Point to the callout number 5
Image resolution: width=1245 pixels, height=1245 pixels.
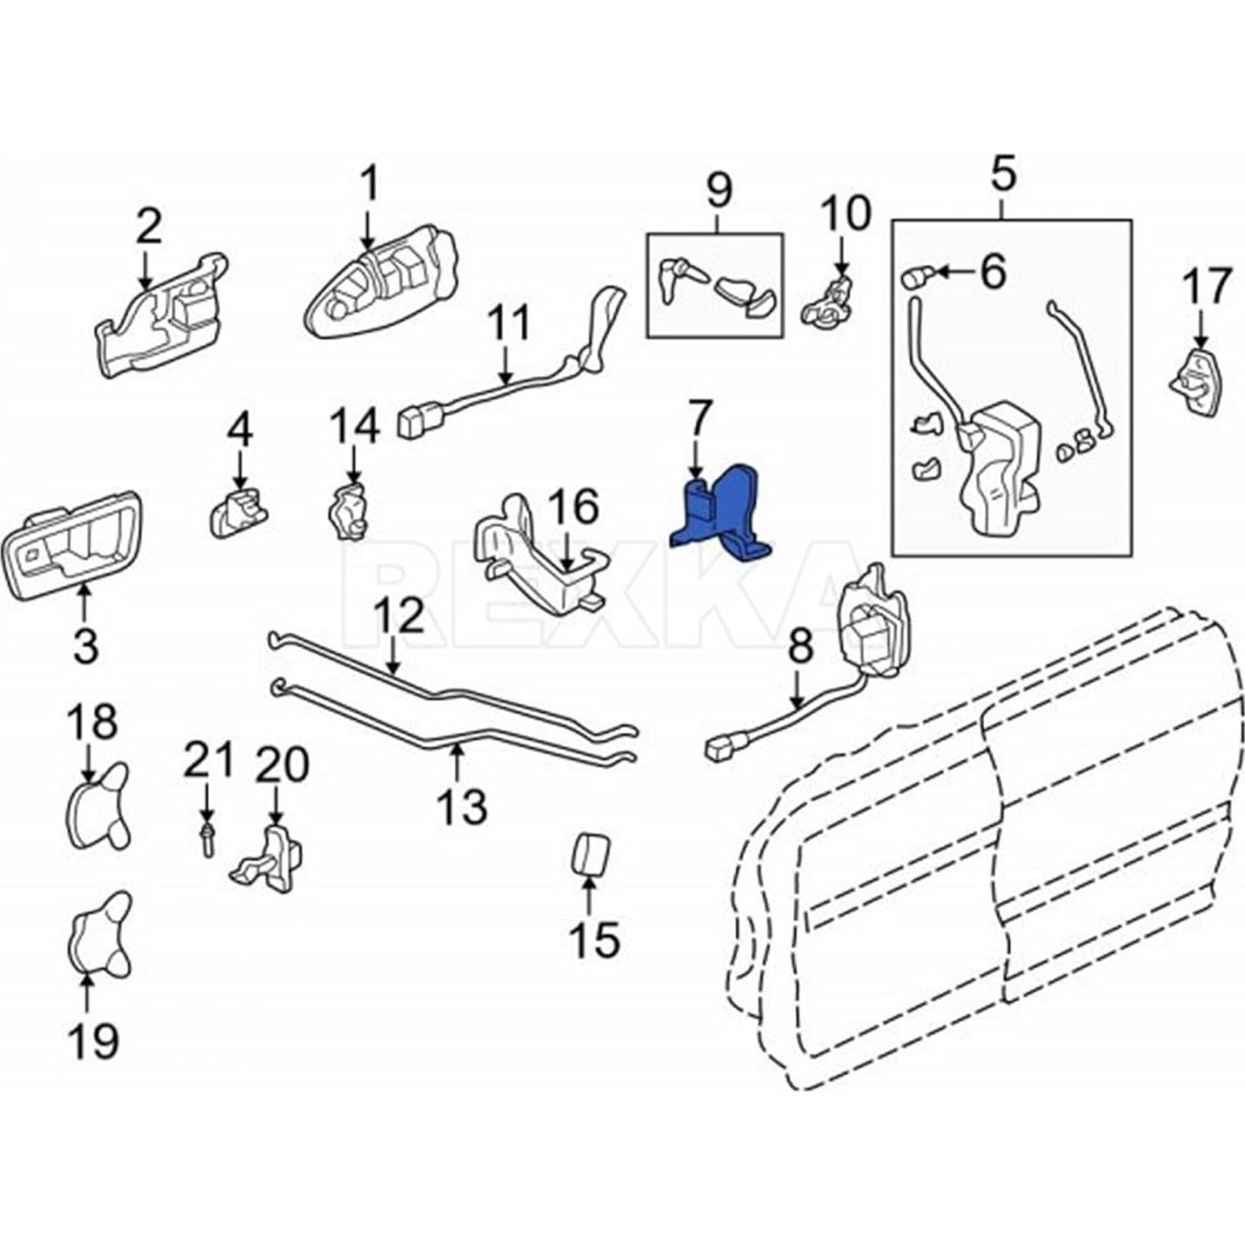1002,173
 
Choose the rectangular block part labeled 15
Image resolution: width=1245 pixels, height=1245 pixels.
589,855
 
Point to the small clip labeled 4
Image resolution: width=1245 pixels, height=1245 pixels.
236,510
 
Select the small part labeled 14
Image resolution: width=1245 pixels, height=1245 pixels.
350,513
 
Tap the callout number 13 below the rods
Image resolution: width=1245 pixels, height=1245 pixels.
463,807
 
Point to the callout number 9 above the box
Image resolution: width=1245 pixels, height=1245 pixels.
718,190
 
